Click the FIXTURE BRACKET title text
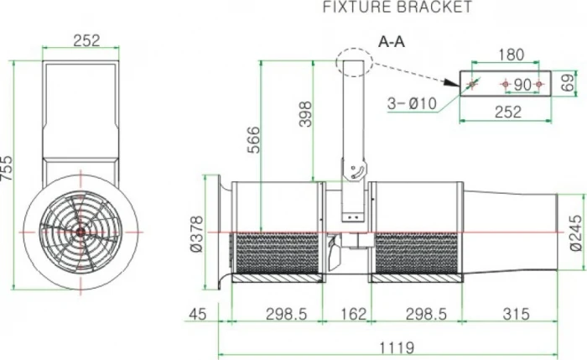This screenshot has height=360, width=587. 397,8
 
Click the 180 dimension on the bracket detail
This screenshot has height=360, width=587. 509,55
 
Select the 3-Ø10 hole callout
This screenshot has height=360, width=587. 412,103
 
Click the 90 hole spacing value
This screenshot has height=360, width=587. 521,85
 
